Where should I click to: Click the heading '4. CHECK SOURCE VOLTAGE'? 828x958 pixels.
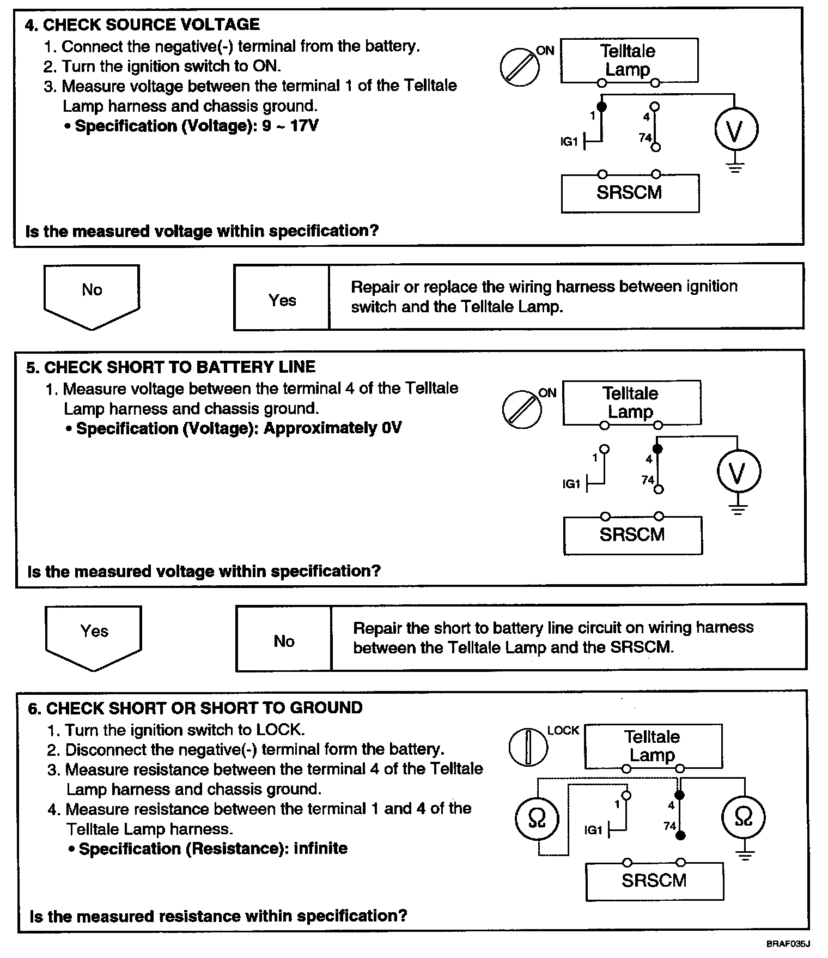tap(143, 25)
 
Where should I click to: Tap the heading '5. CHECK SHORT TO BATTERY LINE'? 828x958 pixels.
tap(171, 367)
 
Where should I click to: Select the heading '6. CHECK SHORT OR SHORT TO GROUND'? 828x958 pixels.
tap(195, 708)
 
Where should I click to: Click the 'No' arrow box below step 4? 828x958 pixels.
tap(92, 294)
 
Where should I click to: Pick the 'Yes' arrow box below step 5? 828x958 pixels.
tap(94, 635)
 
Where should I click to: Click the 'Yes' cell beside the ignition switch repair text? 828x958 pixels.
tap(282, 300)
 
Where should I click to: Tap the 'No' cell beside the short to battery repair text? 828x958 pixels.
tap(284, 641)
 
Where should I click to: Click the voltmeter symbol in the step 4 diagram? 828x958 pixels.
tap(735, 130)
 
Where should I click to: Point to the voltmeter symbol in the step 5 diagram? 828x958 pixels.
tap(738, 472)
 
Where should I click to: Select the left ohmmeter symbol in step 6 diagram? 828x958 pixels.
tap(537, 818)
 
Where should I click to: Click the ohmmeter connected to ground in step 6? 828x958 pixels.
tap(744, 817)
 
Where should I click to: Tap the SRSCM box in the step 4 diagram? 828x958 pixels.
tap(630, 193)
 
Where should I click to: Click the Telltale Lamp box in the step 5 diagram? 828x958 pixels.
tap(631, 402)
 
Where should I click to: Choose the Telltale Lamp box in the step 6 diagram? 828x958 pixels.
tap(653, 745)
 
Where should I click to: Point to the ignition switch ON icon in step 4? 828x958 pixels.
tap(520, 66)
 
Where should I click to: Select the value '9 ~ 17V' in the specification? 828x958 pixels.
tap(290, 126)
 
